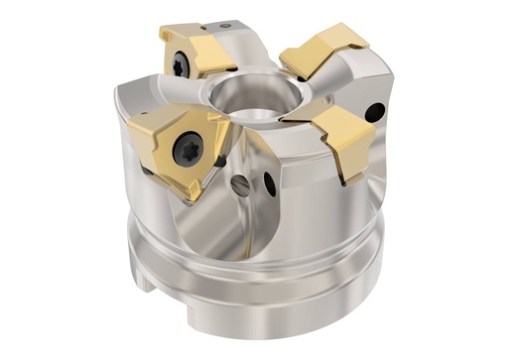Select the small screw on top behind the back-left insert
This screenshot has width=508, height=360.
(x=226, y=25)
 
